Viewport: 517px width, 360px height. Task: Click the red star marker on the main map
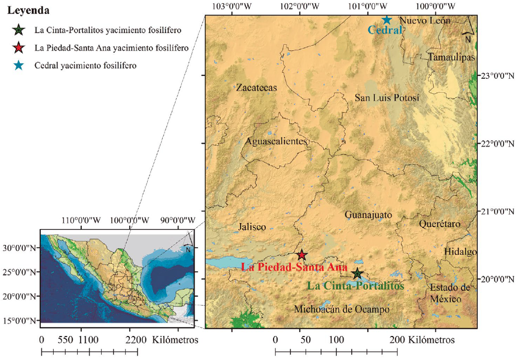point(302,255)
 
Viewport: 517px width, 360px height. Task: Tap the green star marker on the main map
point(357,274)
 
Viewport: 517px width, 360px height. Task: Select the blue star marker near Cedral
point(387,20)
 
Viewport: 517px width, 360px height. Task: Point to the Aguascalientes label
point(276,141)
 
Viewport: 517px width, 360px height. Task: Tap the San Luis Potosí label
point(387,98)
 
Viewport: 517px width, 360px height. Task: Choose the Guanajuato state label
point(368,215)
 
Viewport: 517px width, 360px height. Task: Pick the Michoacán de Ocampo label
point(341,309)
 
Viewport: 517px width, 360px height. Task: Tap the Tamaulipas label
point(451,58)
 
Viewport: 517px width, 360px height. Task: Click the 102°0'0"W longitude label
point(300,6)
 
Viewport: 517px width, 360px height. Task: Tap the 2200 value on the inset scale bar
point(137,340)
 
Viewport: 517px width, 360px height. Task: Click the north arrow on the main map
point(468,31)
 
